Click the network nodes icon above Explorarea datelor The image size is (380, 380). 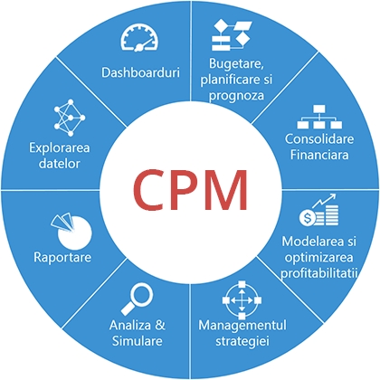pyautogui.click(x=70, y=115)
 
